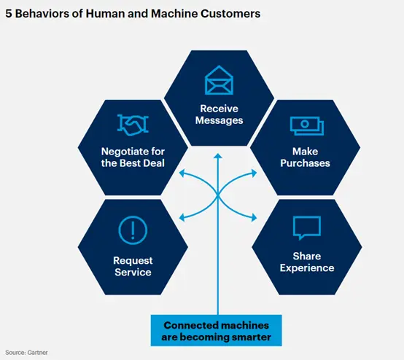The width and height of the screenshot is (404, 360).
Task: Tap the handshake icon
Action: tap(133, 125)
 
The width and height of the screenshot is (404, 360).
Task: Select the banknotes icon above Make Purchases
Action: tap(306, 125)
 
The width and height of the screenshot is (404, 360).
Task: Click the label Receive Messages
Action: tap(219, 114)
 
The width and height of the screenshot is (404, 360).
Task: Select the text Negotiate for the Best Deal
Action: tap(133, 157)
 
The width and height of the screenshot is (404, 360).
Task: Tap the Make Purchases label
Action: tap(305, 157)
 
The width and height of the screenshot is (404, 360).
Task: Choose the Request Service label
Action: tap(133, 266)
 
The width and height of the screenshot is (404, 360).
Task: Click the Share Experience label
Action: tap(307, 262)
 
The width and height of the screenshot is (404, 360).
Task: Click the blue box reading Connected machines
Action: tap(216, 330)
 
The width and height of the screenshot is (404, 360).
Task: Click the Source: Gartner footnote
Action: tap(26, 353)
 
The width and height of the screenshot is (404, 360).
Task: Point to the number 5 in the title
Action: tap(9, 14)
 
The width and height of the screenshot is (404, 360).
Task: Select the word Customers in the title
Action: tap(230, 14)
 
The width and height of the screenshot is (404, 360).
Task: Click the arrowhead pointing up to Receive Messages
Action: tap(218, 156)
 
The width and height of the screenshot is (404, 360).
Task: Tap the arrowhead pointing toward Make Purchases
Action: tap(255, 173)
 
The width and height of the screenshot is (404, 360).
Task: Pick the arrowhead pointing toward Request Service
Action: tap(182, 218)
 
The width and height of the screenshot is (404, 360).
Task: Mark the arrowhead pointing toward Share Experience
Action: tap(255, 218)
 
